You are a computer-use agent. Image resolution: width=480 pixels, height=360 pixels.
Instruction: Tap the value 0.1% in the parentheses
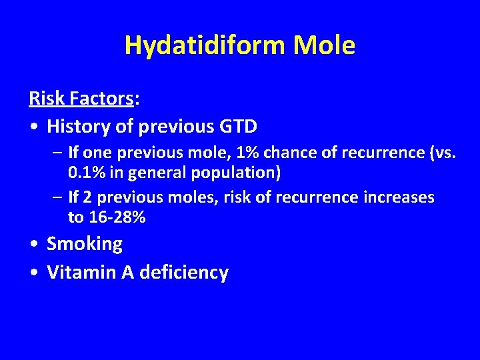(87, 173)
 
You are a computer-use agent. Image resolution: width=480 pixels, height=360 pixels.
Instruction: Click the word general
(157, 173)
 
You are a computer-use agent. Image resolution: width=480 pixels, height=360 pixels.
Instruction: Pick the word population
(234, 173)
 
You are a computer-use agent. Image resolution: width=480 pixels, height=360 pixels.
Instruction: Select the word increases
(396, 197)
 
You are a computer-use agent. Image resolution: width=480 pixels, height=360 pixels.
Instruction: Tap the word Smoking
(85, 244)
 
